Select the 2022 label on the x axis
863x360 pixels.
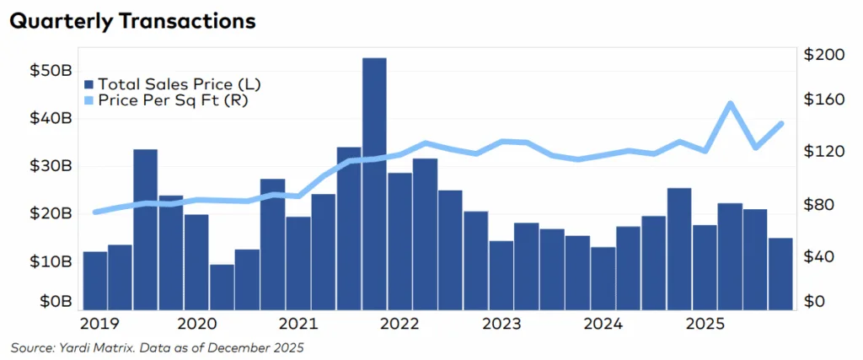(x=400, y=324)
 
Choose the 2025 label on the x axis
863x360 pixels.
(x=705, y=324)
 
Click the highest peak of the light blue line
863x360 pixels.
(x=730, y=104)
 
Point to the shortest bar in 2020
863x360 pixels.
(x=222, y=287)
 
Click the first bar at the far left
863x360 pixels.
(x=95, y=280)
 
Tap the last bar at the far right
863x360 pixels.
(x=780, y=273)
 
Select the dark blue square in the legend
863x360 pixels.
(x=89, y=84)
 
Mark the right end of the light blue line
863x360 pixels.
(x=781, y=123)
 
